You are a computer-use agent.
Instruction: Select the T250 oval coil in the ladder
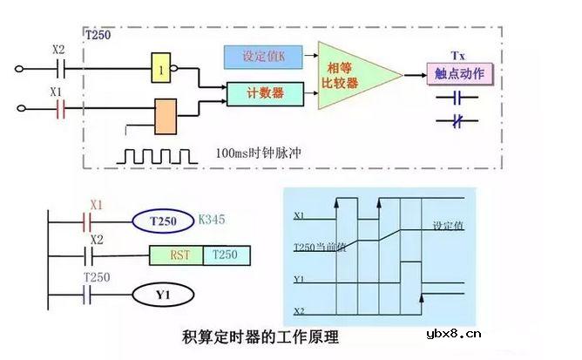coord(163,220)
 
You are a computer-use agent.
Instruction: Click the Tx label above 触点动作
coord(458,54)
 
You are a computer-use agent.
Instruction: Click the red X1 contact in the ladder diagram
coord(96,221)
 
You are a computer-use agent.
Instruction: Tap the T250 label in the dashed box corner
coord(98,37)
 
